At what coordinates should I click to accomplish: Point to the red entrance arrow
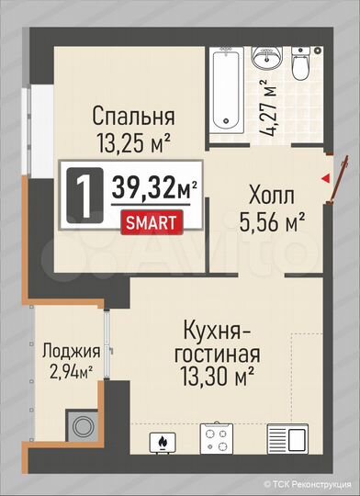click(326, 179)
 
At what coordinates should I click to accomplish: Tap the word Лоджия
click(71, 350)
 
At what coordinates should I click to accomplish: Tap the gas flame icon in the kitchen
click(163, 443)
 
